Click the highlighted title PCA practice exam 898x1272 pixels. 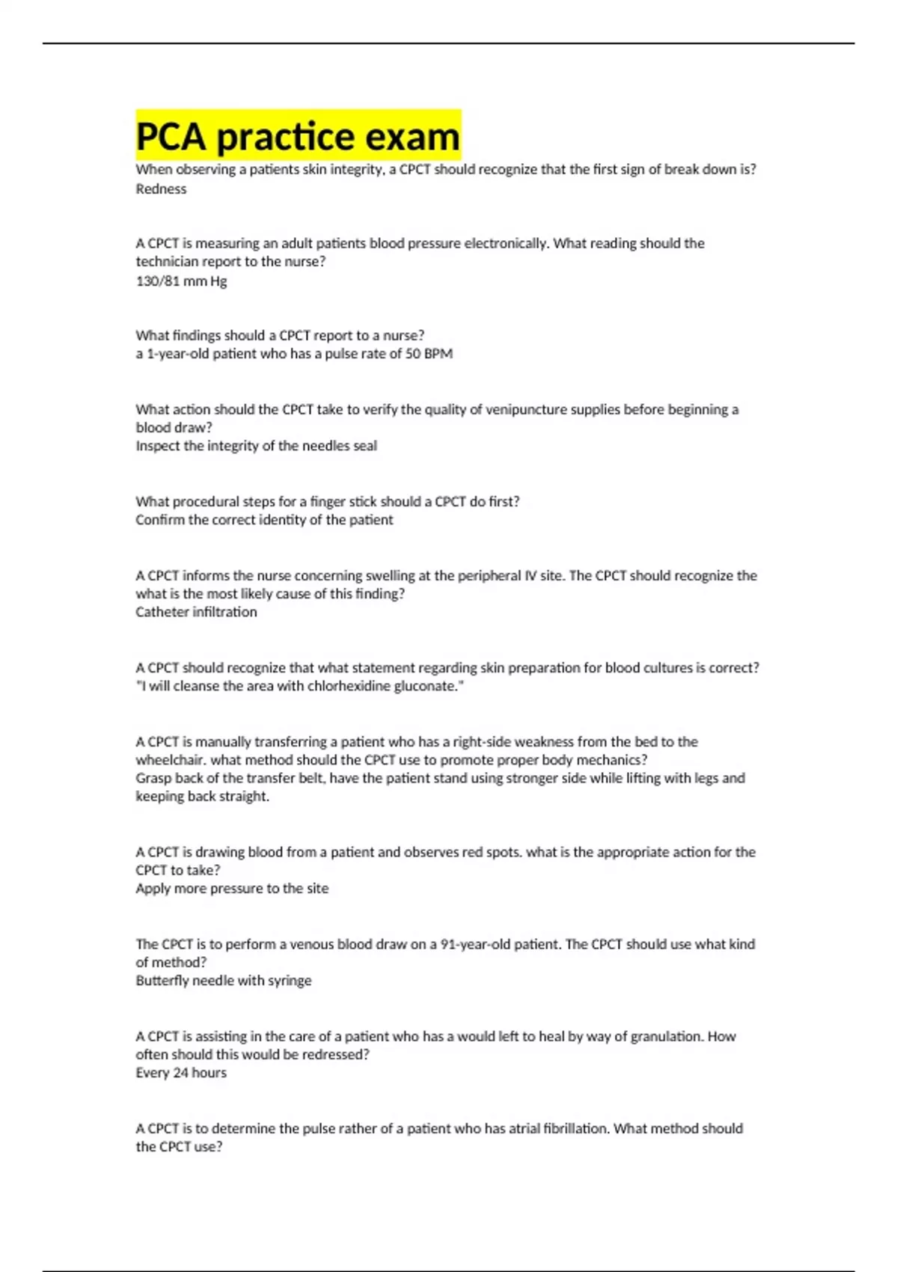point(298,136)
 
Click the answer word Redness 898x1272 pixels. point(161,189)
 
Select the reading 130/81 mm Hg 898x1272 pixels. point(181,281)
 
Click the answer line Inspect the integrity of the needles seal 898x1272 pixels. point(256,446)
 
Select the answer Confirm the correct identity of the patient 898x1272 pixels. point(264,520)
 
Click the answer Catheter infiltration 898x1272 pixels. point(196,612)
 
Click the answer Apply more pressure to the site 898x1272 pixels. point(232,889)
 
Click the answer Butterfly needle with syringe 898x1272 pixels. point(224,981)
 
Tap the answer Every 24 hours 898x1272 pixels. point(181,1073)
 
